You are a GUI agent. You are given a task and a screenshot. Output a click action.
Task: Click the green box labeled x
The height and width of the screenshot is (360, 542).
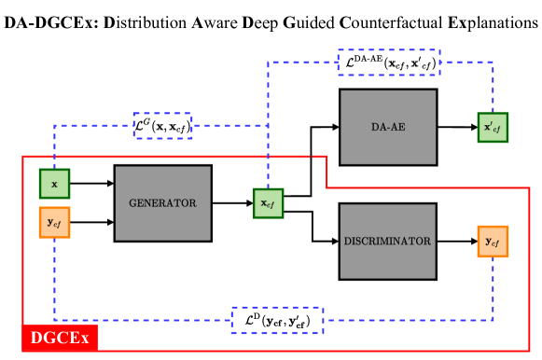click(x=54, y=184)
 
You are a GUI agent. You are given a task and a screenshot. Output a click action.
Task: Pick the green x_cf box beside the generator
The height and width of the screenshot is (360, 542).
click(x=268, y=203)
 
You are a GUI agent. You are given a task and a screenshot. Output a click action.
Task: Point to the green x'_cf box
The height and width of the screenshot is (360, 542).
click(x=493, y=128)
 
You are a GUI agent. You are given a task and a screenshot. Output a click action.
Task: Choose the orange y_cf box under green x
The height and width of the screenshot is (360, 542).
click(x=54, y=222)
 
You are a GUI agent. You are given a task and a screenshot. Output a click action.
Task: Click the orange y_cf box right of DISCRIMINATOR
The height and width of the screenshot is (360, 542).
click(x=493, y=242)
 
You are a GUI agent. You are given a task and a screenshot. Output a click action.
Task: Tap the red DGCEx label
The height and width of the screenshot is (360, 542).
click(x=60, y=338)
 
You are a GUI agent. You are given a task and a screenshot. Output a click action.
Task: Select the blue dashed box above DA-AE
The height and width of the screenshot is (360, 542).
click(x=388, y=62)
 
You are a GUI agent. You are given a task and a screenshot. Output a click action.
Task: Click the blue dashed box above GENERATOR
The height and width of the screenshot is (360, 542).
click(x=162, y=125)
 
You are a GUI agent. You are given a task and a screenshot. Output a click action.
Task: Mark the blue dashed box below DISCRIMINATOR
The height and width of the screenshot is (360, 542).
click(x=277, y=320)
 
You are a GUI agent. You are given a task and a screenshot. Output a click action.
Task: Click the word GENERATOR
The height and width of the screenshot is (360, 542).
click(x=162, y=203)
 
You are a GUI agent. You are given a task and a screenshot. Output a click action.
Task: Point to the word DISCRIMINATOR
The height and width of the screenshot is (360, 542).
click(x=387, y=242)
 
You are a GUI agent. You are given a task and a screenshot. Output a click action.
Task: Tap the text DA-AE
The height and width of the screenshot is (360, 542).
click(x=388, y=127)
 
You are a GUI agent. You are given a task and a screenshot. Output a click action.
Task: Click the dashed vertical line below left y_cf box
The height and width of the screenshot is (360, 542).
click(x=54, y=280)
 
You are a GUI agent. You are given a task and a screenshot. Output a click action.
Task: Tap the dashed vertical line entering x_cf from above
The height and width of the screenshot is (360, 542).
click(x=268, y=159)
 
